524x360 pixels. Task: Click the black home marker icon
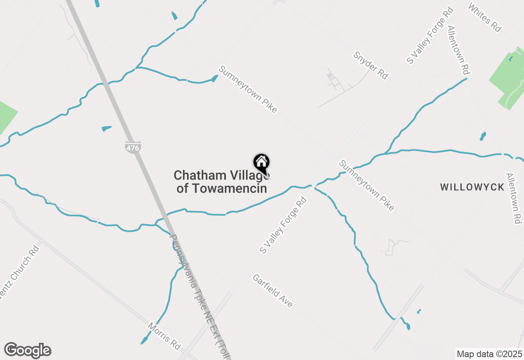click(x=261, y=163)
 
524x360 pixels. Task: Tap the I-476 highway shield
click(x=133, y=147)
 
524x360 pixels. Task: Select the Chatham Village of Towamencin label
click(x=221, y=182)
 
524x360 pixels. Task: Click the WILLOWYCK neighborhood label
click(x=472, y=187)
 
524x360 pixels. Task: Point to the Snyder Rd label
click(x=371, y=65)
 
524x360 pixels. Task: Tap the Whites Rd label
click(x=485, y=18)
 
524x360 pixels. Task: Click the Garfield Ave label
click(x=273, y=290)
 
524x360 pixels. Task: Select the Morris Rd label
click(x=164, y=336)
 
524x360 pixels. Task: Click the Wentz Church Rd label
click(x=20, y=272)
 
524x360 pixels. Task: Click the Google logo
click(x=27, y=351)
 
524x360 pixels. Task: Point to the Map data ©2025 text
click(x=489, y=354)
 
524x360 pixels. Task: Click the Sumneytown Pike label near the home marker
click(x=248, y=89)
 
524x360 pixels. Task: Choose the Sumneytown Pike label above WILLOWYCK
click(x=367, y=185)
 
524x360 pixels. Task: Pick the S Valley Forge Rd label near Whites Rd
click(x=429, y=35)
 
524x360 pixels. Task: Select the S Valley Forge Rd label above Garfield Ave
click(x=283, y=225)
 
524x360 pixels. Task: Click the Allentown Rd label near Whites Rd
click(x=458, y=50)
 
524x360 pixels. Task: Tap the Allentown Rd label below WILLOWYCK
click(x=512, y=198)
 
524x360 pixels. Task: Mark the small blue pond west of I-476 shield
click(x=106, y=128)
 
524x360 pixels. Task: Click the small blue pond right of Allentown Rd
click(x=483, y=136)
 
